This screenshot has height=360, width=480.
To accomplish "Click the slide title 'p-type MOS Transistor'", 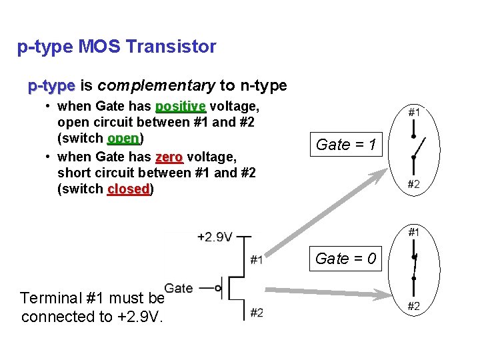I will tap(117, 47).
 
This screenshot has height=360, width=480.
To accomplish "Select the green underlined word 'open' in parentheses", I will tap(123, 139).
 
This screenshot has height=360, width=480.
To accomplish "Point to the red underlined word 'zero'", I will tap(169, 157).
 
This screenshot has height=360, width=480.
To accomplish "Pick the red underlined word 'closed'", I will tap(129, 190).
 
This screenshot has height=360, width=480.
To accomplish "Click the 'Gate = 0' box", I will tap(345, 259).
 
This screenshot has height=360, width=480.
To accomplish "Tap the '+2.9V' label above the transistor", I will tap(215, 237).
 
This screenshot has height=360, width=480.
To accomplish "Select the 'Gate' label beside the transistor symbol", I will tap(179, 288).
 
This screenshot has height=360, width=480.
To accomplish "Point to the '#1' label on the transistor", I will tap(256, 260).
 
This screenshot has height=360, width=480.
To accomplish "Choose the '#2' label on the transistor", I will tap(256, 312).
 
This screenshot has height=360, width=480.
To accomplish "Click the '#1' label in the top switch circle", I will tap(413, 113).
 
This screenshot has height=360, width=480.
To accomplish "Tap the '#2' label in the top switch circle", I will tap(413, 185).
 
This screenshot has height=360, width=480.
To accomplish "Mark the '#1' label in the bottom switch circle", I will tap(413, 232).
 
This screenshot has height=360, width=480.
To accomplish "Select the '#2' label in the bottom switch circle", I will tap(413, 306).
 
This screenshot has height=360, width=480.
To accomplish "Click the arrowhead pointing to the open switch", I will tap(382, 174).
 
